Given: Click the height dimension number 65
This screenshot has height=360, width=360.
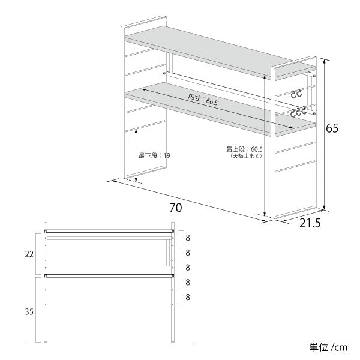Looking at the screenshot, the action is tap(332, 128).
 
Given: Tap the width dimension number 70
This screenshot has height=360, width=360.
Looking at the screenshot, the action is tap(176, 208).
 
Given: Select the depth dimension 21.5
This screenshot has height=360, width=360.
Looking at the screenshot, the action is tap(310, 223).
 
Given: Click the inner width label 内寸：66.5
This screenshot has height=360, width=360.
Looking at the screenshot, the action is tap(203, 99).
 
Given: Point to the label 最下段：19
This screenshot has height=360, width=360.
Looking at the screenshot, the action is tap(154, 155).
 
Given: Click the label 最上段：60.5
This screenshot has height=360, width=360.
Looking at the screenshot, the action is tap(244, 149).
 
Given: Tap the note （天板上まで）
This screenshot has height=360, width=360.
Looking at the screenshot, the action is tap(245, 156).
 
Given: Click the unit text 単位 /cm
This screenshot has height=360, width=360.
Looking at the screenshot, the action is tap(328, 347).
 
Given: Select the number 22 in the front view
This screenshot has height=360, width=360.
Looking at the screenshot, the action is tap(29, 254).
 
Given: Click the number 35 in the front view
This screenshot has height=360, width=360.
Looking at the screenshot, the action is tap(29, 312).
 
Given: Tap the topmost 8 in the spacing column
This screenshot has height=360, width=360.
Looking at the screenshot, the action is tap(188, 238).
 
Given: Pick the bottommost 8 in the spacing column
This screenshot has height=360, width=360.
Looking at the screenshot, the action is tap(188, 298).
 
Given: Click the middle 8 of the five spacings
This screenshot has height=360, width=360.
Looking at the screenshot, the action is tap(188, 268).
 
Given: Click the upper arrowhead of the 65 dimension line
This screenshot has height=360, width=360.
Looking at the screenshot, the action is tap(324, 61).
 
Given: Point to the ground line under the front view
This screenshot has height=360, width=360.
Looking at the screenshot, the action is tap(110, 343).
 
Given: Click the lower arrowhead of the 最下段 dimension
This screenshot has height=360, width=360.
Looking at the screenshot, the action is tap(136, 180).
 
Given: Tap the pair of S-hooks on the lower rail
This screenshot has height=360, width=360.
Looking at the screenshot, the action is tap(298, 111).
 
